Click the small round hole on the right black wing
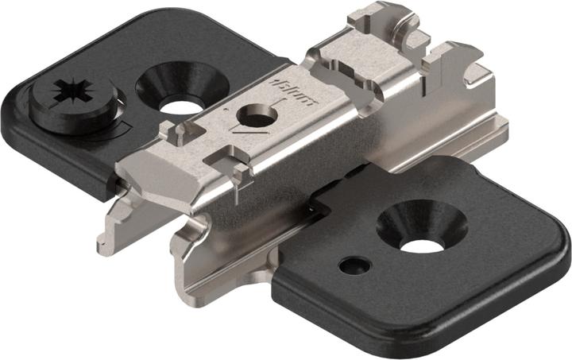click(x=352, y=265)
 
